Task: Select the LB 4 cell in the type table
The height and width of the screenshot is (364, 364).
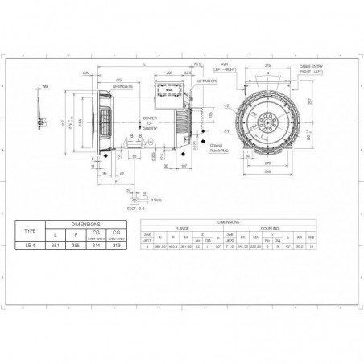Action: click(31, 245)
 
